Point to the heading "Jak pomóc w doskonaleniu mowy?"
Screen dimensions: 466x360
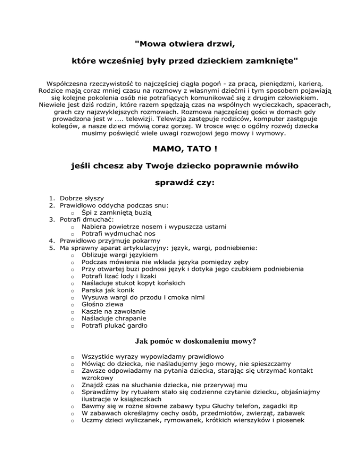tap(180, 341)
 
